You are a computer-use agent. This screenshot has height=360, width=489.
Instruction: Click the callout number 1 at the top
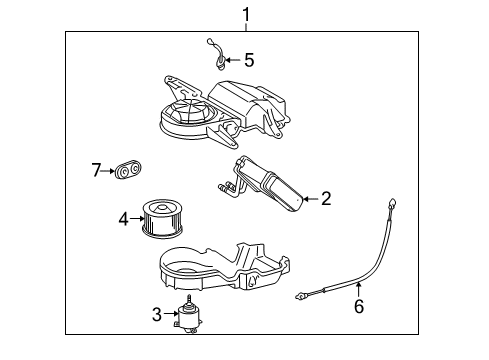coord(241,13)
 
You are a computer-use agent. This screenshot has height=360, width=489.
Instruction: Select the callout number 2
coord(326,199)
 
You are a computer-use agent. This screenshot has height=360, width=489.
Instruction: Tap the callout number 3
coord(156,315)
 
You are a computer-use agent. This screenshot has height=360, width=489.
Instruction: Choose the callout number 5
coord(250,59)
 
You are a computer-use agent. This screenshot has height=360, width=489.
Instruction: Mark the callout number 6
coord(358,307)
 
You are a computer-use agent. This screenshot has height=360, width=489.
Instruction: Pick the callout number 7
coord(97,171)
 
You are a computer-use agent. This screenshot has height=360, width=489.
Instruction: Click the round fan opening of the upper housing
coord(183,112)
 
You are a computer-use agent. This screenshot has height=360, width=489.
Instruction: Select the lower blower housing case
coord(225,266)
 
